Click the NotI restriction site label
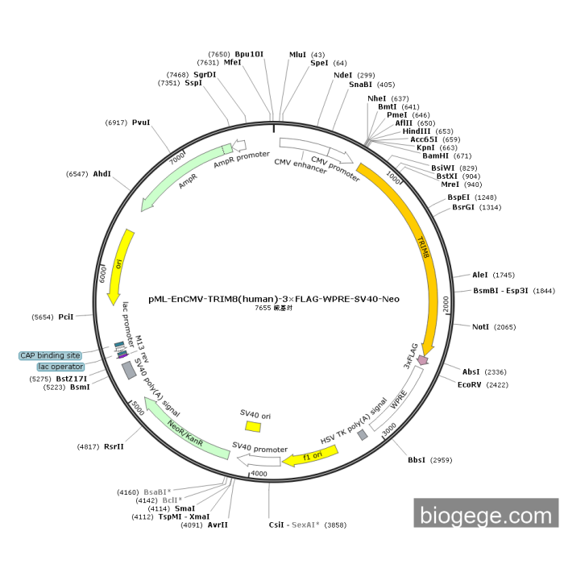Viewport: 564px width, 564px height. (x=481, y=327)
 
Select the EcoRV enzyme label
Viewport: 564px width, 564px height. (x=471, y=385)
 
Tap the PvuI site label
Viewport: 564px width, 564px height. (x=141, y=122)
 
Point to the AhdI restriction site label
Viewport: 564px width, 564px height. (x=102, y=174)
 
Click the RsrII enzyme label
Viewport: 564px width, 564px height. (x=113, y=446)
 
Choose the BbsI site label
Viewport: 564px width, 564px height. (x=416, y=460)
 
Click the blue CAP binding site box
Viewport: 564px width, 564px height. (x=50, y=355)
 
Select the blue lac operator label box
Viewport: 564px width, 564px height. (x=60, y=367)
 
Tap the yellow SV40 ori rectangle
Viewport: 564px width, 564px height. (x=253, y=425)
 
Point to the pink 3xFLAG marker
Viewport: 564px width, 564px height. (x=422, y=361)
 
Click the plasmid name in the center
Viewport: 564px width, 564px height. (x=274, y=299)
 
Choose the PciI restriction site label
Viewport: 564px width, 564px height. (x=66, y=317)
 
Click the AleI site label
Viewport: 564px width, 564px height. (x=480, y=275)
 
